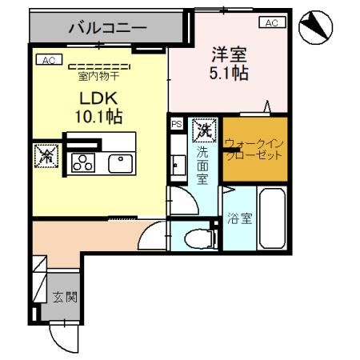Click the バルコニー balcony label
coord(106,27)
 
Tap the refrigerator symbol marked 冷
coord(45,155)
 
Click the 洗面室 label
coord(205,164)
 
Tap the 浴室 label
coord(239,218)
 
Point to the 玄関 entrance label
coord(65,297)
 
